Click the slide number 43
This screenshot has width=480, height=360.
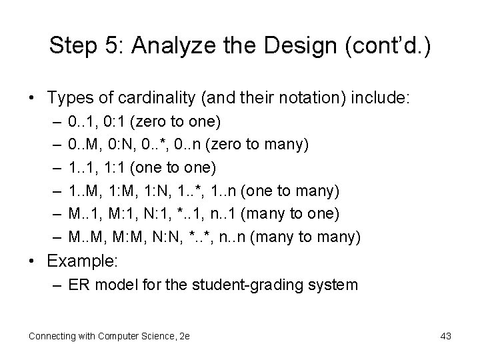(x=445, y=336)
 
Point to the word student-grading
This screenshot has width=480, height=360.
(x=269, y=285)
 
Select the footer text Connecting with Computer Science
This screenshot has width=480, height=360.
(x=102, y=336)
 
